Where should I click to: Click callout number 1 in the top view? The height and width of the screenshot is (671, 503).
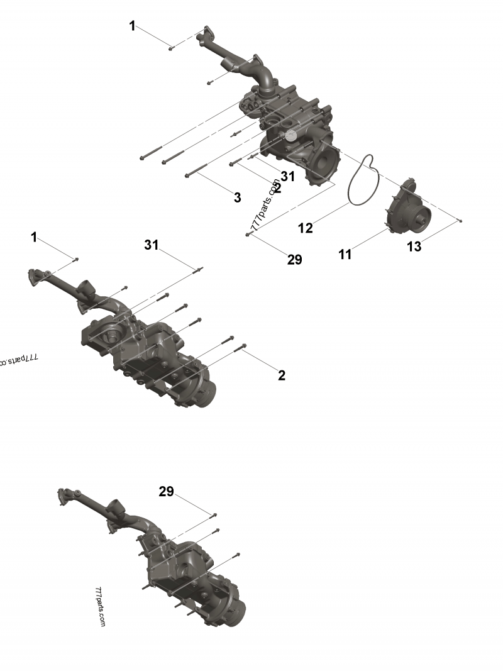click(x=132, y=26)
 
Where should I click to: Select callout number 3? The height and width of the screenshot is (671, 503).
click(x=237, y=197)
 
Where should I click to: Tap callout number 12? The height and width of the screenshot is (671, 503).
click(x=305, y=228)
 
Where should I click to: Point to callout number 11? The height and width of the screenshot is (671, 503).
click(x=345, y=254)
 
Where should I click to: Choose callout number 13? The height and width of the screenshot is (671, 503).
click(x=414, y=247)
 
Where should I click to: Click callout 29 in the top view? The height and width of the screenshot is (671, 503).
click(x=294, y=259)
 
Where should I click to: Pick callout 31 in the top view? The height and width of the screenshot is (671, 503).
click(x=288, y=177)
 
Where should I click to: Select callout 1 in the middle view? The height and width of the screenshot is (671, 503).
click(x=34, y=237)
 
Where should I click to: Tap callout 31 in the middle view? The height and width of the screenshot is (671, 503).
click(x=152, y=245)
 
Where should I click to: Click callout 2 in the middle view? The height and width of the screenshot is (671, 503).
click(x=282, y=375)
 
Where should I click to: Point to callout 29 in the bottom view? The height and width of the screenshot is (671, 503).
click(x=166, y=492)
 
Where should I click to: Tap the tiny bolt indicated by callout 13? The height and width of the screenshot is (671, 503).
click(x=461, y=221)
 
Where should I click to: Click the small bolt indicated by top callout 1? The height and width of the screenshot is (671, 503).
click(x=171, y=47)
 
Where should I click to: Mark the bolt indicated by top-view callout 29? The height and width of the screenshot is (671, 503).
click(x=249, y=234)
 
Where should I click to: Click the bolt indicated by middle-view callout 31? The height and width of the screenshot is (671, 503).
click(x=199, y=270)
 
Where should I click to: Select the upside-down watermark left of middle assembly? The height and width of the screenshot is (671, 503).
click(x=18, y=360)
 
